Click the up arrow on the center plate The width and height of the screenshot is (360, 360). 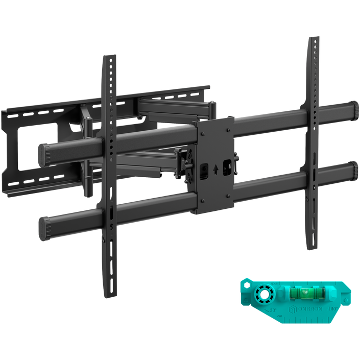pos(217,166)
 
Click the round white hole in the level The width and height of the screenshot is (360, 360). pos(264,295)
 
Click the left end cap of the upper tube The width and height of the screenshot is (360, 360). pos(46,153)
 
